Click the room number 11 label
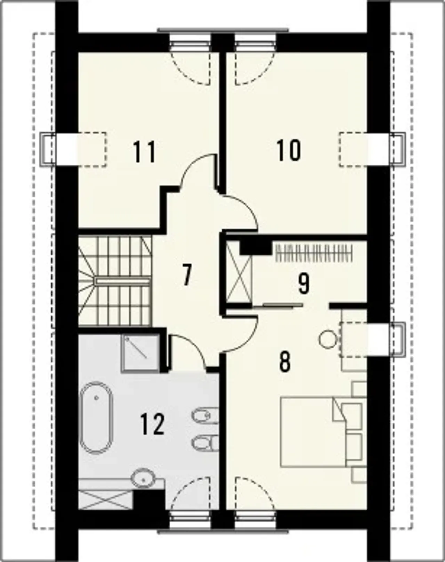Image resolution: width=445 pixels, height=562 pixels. (145, 152)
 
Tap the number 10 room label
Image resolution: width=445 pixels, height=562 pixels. (289, 150)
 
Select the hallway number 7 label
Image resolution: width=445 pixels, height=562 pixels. (187, 275)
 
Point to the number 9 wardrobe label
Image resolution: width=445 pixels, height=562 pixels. (304, 284)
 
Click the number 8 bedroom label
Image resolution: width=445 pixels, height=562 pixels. (284, 361)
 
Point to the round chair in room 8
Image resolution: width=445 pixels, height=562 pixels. (327, 339)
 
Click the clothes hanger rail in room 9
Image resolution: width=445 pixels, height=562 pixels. (314, 253)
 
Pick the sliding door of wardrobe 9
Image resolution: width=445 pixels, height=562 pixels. (278, 305)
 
